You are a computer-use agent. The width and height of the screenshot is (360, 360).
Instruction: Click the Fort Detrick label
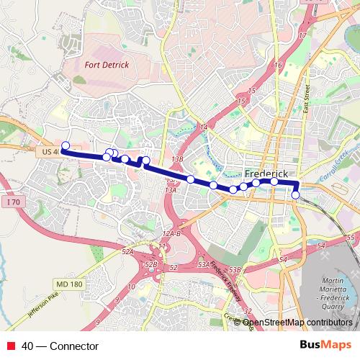tap(107, 65)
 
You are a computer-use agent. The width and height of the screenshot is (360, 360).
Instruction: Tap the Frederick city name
tap(266, 174)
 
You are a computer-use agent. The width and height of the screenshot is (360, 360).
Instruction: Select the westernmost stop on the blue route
tap(65, 146)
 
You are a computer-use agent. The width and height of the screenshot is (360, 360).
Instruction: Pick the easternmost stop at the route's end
tap(295, 194)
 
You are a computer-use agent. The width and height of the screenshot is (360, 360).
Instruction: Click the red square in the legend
tap(11, 346)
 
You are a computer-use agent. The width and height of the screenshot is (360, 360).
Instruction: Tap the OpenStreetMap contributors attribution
tap(297, 323)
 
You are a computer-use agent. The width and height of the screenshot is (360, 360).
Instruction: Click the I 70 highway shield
tap(11, 204)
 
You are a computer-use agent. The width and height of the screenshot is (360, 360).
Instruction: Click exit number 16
tap(277, 66)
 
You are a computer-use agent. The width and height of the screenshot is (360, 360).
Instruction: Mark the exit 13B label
tap(178, 158)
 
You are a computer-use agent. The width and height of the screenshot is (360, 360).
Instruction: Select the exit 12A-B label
tap(171, 234)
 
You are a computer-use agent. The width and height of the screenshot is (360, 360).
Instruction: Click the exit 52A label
tap(128, 251)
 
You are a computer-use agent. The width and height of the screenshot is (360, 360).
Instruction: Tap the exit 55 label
tap(351, 237)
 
